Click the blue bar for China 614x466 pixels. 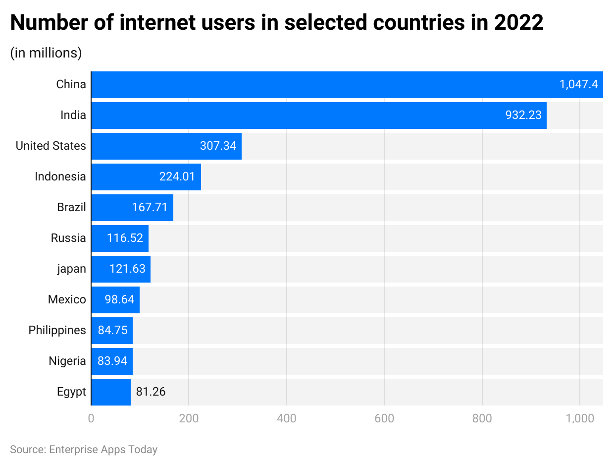pos(322,85)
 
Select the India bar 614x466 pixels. pos(297,116)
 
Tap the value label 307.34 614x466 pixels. pos(218,146)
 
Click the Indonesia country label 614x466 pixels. pos(60,176)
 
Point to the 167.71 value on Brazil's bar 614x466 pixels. pos(150,207)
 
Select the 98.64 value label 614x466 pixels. pos(119,299)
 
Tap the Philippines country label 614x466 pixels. pos(57,330)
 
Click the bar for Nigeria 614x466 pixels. pos(112,361)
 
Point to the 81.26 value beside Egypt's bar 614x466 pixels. pos(151,392)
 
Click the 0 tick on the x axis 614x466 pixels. pos(91,418)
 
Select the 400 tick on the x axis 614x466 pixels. pos(286,418)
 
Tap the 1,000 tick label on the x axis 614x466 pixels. pos(579,418)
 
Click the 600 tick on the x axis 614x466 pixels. pos(384,418)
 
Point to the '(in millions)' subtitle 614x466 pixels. pos(46,53)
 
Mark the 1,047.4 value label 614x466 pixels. pos(578,85)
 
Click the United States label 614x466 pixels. pos(51,146)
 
